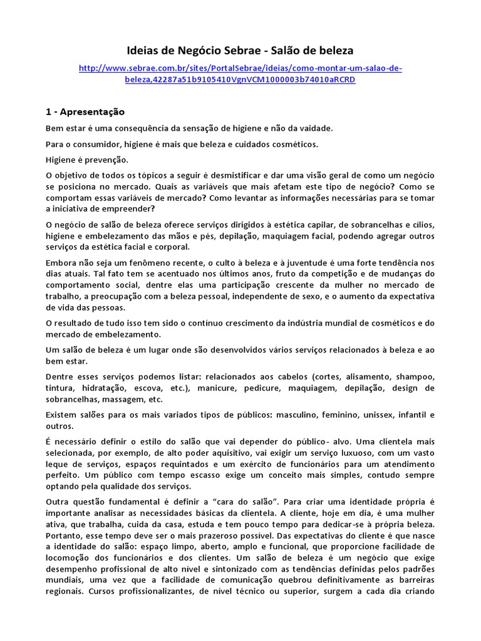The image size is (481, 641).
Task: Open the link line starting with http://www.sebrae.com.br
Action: point(240,68)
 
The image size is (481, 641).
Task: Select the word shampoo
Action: point(415,377)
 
